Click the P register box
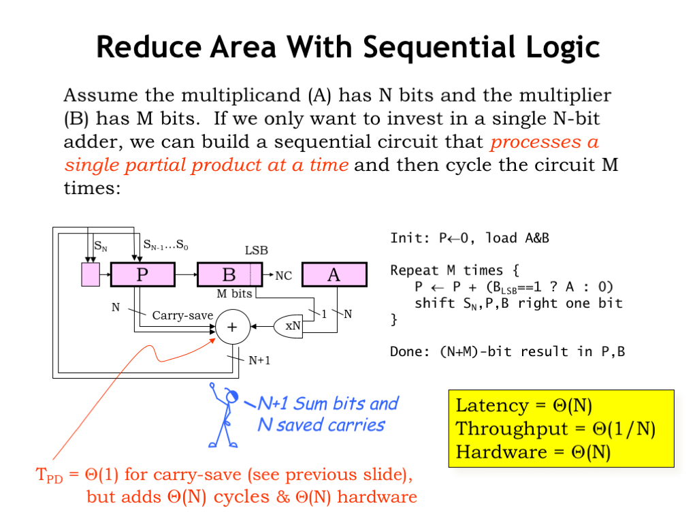pyautogui.click(x=143, y=275)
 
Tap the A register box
pyautogui.click(x=334, y=275)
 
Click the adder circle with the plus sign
pyautogui.click(x=232, y=327)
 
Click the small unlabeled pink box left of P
pyautogui.click(x=90, y=275)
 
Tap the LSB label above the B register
pyautogui.click(x=256, y=251)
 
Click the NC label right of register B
pyautogui.click(x=284, y=276)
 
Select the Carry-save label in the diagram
pyautogui.click(x=182, y=315)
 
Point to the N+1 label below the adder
pyautogui.click(x=259, y=360)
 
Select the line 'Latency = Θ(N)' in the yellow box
pyautogui.click(x=524, y=406)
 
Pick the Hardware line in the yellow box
pyautogui.click(x=533, y=452)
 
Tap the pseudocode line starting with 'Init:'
pyautogui.click(x=470, y=238)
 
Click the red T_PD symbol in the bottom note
pyautogui.click(x=48, y=475)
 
